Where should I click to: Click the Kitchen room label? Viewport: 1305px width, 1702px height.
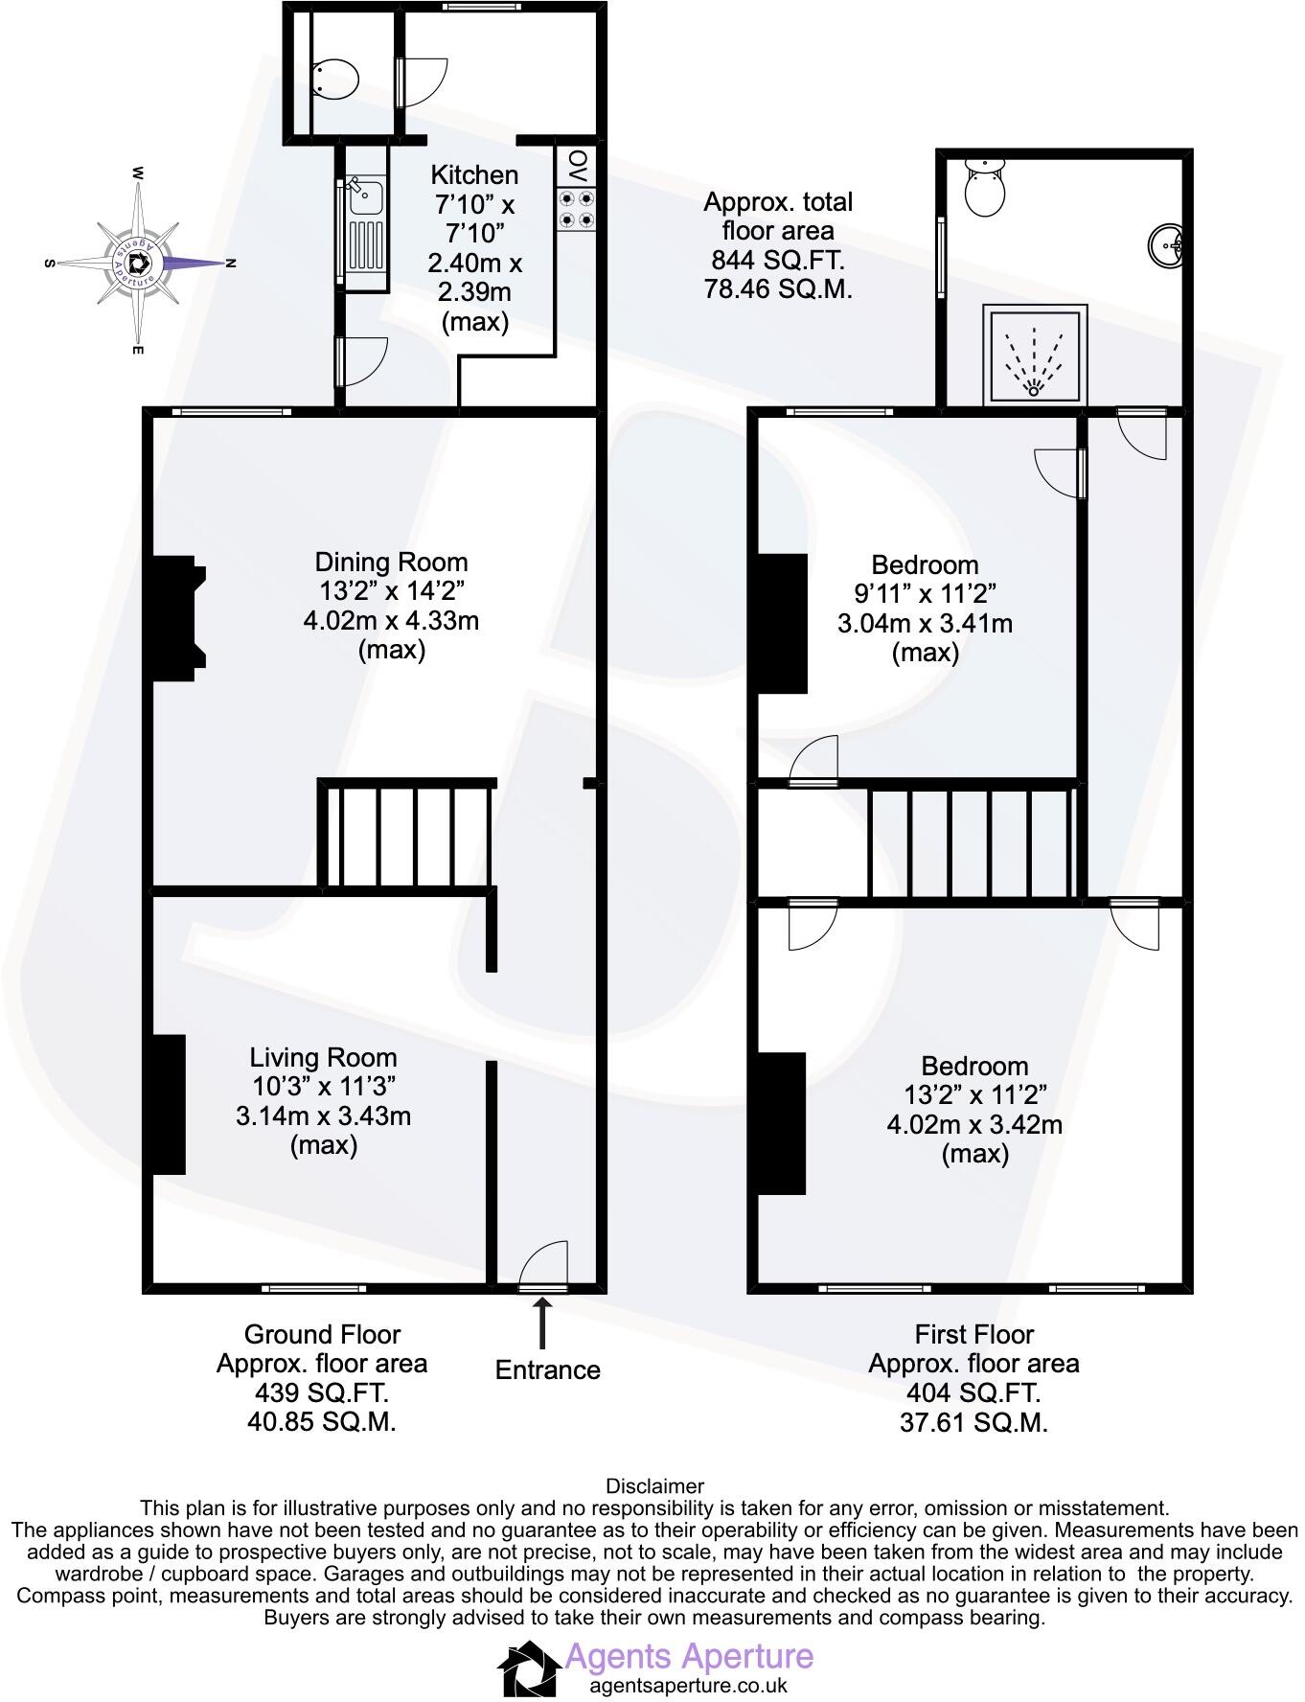[474, 175]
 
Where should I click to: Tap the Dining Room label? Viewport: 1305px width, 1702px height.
[391, 563]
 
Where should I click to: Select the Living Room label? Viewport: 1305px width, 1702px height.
[323, 1058]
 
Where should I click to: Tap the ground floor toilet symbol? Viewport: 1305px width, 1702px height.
[334, 77]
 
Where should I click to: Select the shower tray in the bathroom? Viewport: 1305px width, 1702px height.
[1034, 354]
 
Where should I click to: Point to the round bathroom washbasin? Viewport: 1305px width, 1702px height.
[1167, 244]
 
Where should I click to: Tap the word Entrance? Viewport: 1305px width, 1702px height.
[547, 1370]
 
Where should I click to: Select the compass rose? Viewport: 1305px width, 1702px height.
[139, 262]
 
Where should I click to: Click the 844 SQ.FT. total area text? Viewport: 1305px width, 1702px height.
[778, 260]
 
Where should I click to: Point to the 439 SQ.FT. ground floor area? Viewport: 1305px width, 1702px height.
[322, 1392]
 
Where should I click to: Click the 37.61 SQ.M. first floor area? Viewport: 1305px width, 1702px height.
[973, 1423]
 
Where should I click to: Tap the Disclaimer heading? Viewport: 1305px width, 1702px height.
[654, 1486]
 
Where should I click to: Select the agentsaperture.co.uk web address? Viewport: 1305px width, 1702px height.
[688, 1686]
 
